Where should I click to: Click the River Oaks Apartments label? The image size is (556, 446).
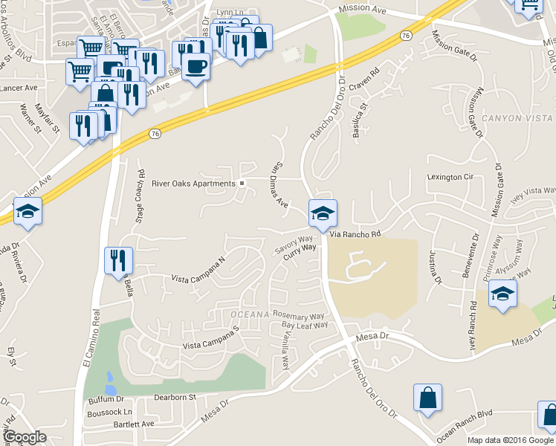(193, 184)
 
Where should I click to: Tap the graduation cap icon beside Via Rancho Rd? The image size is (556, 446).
(323, 214)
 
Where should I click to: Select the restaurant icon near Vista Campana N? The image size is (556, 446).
(118, 260)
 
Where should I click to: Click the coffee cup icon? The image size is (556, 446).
(195, 66)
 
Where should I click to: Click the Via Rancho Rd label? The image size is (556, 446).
(355, 234)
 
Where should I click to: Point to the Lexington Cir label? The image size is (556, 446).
(450, 177)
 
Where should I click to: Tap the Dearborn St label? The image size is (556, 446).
(174, 398)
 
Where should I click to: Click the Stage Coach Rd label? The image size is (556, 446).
(140, 192)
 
